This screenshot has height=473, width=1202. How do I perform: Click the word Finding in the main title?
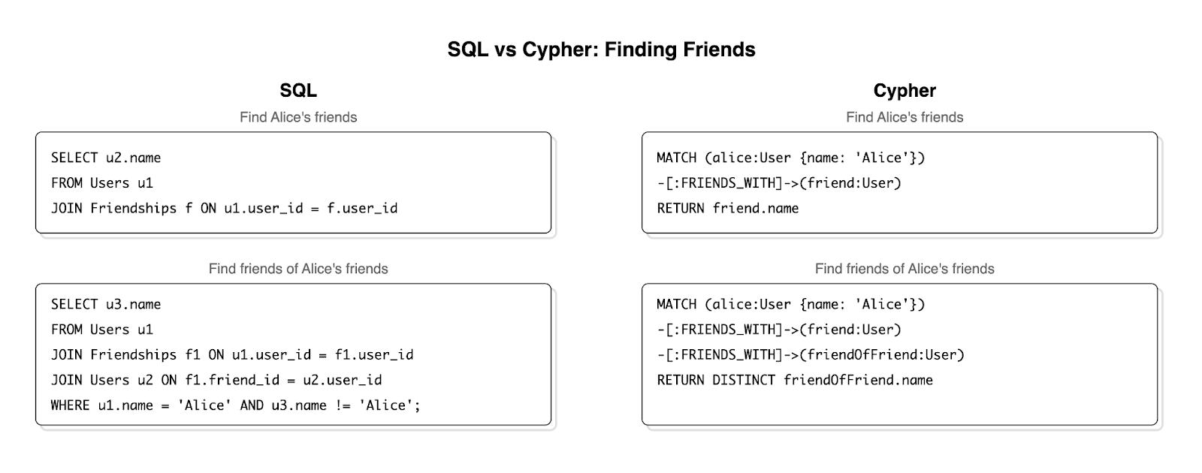coord(640,50)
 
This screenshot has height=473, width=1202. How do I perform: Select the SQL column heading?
coord(298,91)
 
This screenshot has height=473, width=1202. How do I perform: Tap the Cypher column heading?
coord(905,91)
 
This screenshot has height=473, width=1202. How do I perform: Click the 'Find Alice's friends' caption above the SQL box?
coord(298,117)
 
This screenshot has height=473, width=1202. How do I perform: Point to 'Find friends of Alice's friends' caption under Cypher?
coord(905,269)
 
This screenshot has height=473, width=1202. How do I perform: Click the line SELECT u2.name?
coord(106,158)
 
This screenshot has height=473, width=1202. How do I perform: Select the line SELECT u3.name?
coord(106,304)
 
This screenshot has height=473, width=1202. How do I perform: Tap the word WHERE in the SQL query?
coord(70,405)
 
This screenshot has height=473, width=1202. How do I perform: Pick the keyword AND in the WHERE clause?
coord(252,405)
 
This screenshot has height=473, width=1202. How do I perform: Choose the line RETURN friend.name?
coord(727,208)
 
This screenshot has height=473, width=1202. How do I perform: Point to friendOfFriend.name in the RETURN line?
coord(858,380)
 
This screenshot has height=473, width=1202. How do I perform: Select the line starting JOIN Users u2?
coord(216,380)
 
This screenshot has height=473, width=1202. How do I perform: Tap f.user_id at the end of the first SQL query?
coord(362,208)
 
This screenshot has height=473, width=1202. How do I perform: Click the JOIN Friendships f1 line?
coord(232,354)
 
